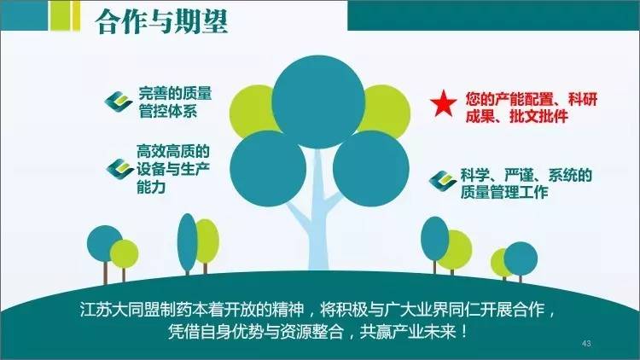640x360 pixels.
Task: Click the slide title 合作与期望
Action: (x=162, y=20)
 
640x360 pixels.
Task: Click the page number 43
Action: (x=586, y=343)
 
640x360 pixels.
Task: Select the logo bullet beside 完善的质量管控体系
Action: (x=119, y=102)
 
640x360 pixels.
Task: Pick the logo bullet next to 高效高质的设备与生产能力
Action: (x=120, y=169)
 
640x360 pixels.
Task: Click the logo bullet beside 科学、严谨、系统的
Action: (x=443, y=181)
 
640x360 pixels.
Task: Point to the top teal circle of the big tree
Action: (x=318, y=102)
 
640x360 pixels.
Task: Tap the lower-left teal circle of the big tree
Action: (x=268, y=169)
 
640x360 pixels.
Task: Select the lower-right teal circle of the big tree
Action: (x=371, y=169)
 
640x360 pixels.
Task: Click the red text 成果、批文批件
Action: (x=517, y=117)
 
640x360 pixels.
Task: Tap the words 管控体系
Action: (x=168, y=111)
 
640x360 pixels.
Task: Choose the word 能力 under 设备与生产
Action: (x=151, y=187)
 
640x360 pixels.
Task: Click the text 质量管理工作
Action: (x=504, y=192)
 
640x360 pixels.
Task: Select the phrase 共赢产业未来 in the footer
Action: (x=407, y=332)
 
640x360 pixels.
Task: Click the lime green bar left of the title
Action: (x=65, y=15)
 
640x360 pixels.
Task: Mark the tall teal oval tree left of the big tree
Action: (x=188, y=243)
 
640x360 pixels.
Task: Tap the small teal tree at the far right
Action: (x=521, y=259)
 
